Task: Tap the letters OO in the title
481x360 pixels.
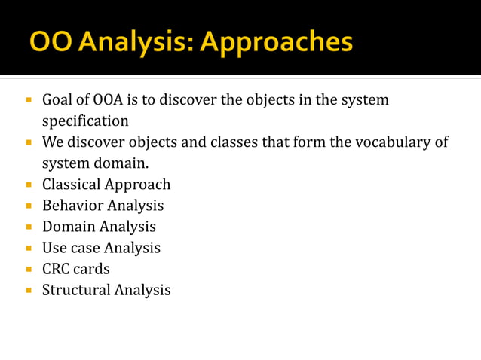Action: (x=47, y=41)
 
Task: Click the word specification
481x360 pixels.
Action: (x=85, y=121)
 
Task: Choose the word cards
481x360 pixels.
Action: (x=91, y=268)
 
